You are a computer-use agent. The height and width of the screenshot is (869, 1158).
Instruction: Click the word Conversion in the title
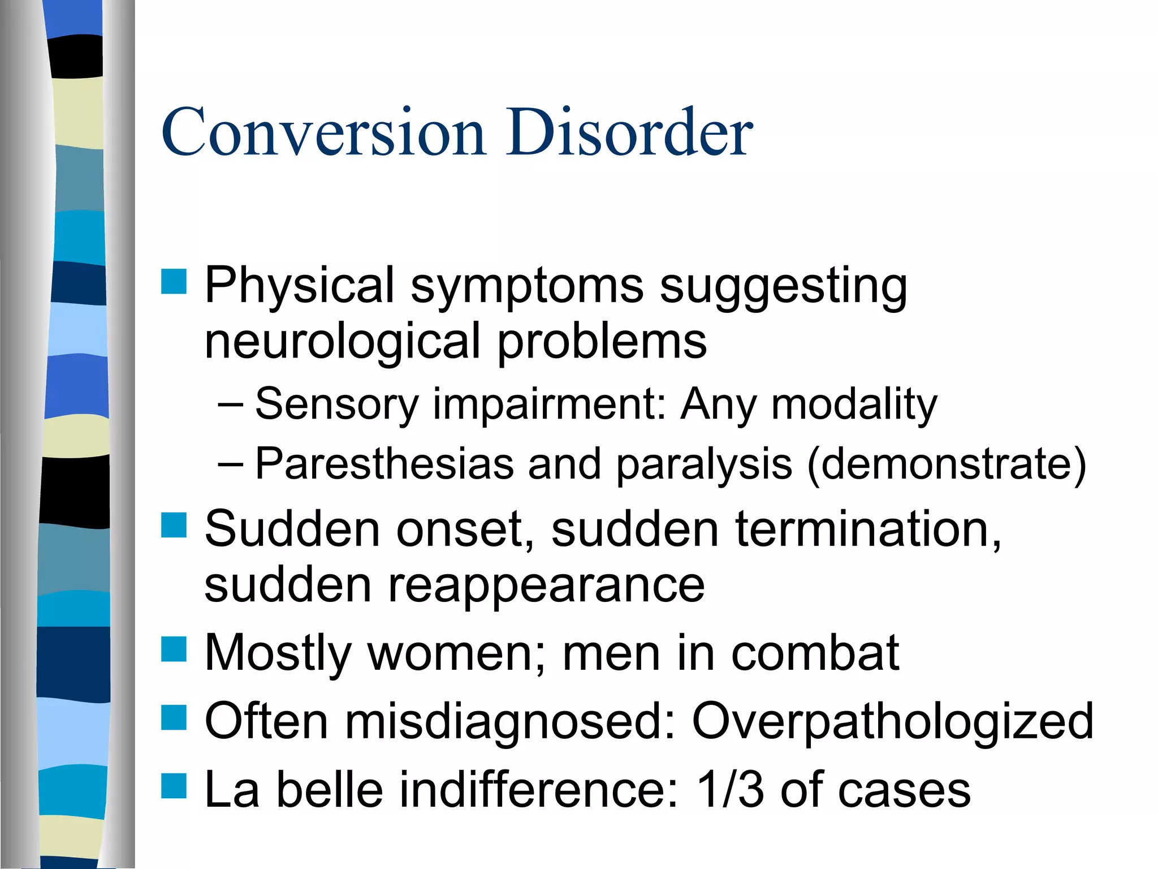click(x=323, y=133)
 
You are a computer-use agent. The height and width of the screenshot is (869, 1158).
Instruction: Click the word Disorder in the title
click(x=629, y=133)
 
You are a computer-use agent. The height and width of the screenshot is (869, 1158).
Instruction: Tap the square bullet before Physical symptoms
click(x=174, y=282)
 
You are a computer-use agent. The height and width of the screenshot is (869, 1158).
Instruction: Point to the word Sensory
click(x=336, y=405)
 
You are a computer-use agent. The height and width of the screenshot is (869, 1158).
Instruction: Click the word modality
click(x=854, y=405)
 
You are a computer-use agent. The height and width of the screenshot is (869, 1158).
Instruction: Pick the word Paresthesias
click(x=384, y=464)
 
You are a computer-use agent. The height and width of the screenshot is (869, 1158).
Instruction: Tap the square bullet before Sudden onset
click(x=174, y=525)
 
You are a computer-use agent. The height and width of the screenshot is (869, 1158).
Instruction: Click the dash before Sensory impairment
click(x=230, y=405)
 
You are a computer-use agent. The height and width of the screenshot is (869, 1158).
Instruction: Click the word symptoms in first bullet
click(x=526, y=286)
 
